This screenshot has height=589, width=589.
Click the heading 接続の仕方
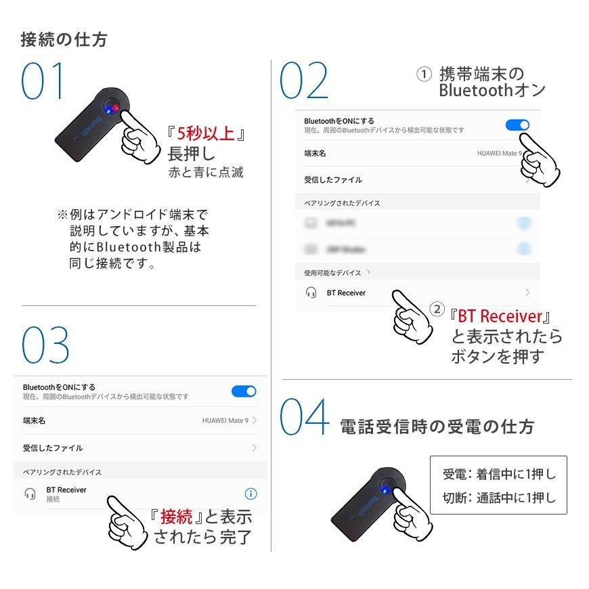click(x=64, y=39)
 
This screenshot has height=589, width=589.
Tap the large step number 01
click(x=45, y=82)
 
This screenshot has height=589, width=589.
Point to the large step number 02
click(x=304, y=82)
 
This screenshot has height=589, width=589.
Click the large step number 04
click(x=305, y=418)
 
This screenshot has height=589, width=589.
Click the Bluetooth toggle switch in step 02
click(x=518, y=125)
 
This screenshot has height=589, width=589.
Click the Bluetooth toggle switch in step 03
click(x=244, y=391)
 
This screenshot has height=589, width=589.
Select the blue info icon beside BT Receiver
click(x=251, y=494)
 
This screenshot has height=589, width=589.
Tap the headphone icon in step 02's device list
click(x=311, y=292)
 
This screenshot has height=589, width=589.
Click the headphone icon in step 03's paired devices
click(x=30, y=494)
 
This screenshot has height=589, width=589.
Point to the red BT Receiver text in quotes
click(x=500, y=316)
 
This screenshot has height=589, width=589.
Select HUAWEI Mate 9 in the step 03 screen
click(x=225, y=420)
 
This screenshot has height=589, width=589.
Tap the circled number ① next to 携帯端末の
click(x=423, y=74)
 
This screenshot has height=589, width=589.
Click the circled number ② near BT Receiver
click(x=438, y=309)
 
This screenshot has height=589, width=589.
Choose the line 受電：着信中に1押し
click(x=498, y=474)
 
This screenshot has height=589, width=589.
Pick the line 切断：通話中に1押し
click(x=498, y=498)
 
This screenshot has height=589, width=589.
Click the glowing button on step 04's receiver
click(x=384, y=488)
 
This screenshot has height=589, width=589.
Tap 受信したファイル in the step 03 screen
click(x=53, y=448)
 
